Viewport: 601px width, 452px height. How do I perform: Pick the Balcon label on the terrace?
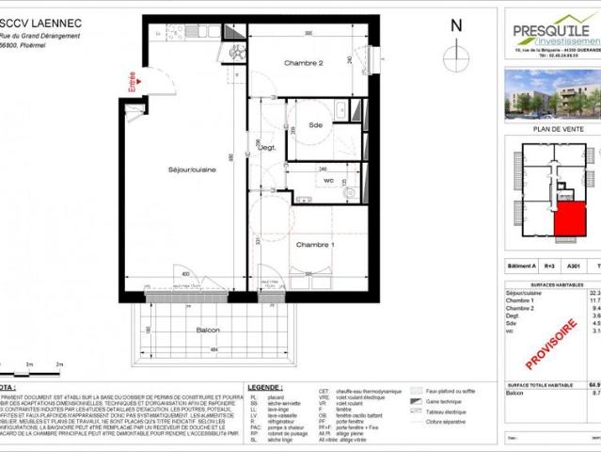point(209,331)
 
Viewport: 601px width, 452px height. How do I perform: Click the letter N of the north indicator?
point(457,26)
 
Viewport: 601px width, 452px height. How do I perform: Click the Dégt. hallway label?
point(269,148)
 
